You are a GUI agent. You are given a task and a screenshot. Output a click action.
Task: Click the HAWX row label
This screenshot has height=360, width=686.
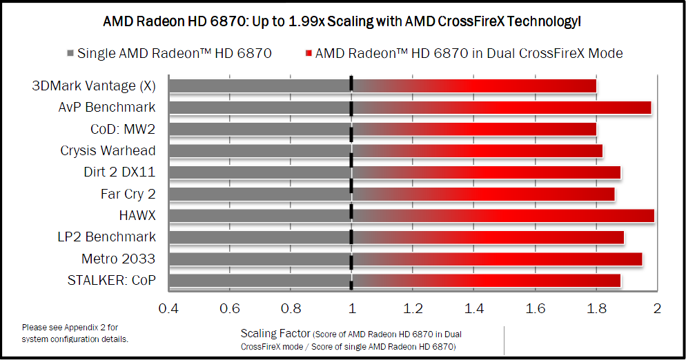(137, 215)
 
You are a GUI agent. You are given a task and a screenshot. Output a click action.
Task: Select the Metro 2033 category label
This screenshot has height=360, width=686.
(118, 259)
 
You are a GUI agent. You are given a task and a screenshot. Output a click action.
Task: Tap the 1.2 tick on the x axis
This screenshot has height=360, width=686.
(413, 307)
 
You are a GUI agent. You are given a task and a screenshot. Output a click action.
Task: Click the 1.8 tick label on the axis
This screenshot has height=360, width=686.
(596, 307)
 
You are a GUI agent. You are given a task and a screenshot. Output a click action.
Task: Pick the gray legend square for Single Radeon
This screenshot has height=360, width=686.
(70, 53)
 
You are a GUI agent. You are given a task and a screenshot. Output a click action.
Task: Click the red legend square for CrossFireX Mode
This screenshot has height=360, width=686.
(308, 53)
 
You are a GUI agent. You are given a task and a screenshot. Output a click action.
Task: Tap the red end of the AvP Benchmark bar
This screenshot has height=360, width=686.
(645, 108)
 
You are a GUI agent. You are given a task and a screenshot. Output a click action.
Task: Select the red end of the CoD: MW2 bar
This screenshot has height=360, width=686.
(591, 129)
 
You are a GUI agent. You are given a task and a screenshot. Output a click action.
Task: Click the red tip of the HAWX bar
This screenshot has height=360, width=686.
(649, 216)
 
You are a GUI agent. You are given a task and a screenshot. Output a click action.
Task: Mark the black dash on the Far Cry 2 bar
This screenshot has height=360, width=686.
(351, 194)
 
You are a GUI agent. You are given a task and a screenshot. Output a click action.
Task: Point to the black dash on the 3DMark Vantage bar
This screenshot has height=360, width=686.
(351, 86)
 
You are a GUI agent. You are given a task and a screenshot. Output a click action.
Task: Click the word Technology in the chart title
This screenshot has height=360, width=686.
(540, 22)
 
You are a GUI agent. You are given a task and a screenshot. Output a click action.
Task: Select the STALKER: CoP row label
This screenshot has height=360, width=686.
(111, 280)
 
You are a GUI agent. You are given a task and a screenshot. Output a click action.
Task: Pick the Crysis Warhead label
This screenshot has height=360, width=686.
(108, 150)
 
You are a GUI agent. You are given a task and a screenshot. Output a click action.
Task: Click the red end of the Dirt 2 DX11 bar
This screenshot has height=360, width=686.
(615, 172)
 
